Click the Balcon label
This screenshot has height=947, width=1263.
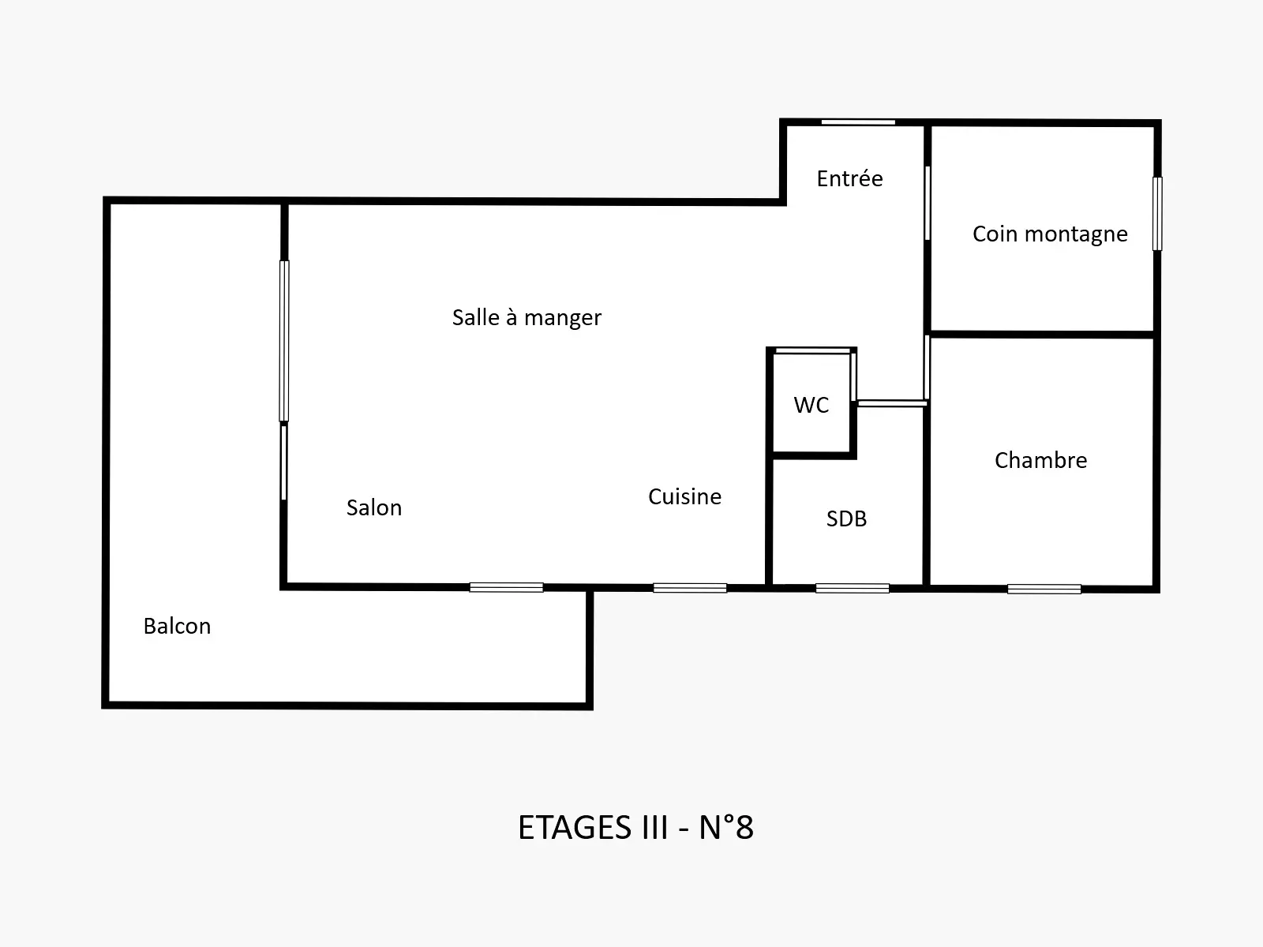(178, 626)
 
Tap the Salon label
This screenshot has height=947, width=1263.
(374, 507)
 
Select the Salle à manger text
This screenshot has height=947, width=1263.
(527, 318)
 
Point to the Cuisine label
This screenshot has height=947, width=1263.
(684, 497)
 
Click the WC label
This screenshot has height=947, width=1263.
(811, 405)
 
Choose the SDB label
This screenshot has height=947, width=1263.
(846, 518)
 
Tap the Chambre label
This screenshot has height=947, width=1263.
(1041, 461)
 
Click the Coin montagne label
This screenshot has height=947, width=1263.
(1050, 234)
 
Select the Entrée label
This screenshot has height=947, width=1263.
(850, 178)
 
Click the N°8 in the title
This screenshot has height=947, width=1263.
(726, 828)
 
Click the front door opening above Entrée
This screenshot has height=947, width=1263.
(858, 122)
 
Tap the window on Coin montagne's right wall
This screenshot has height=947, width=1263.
(1157, 214)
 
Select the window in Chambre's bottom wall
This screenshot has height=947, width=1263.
(1044, 589)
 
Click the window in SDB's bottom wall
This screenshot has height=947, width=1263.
(853, 588)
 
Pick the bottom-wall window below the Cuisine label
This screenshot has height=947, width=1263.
(690, 588)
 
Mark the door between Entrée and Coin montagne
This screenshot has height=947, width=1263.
(928, 203)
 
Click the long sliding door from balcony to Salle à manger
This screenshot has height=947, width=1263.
(284, 341)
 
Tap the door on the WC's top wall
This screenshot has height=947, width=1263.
(813, 350)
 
